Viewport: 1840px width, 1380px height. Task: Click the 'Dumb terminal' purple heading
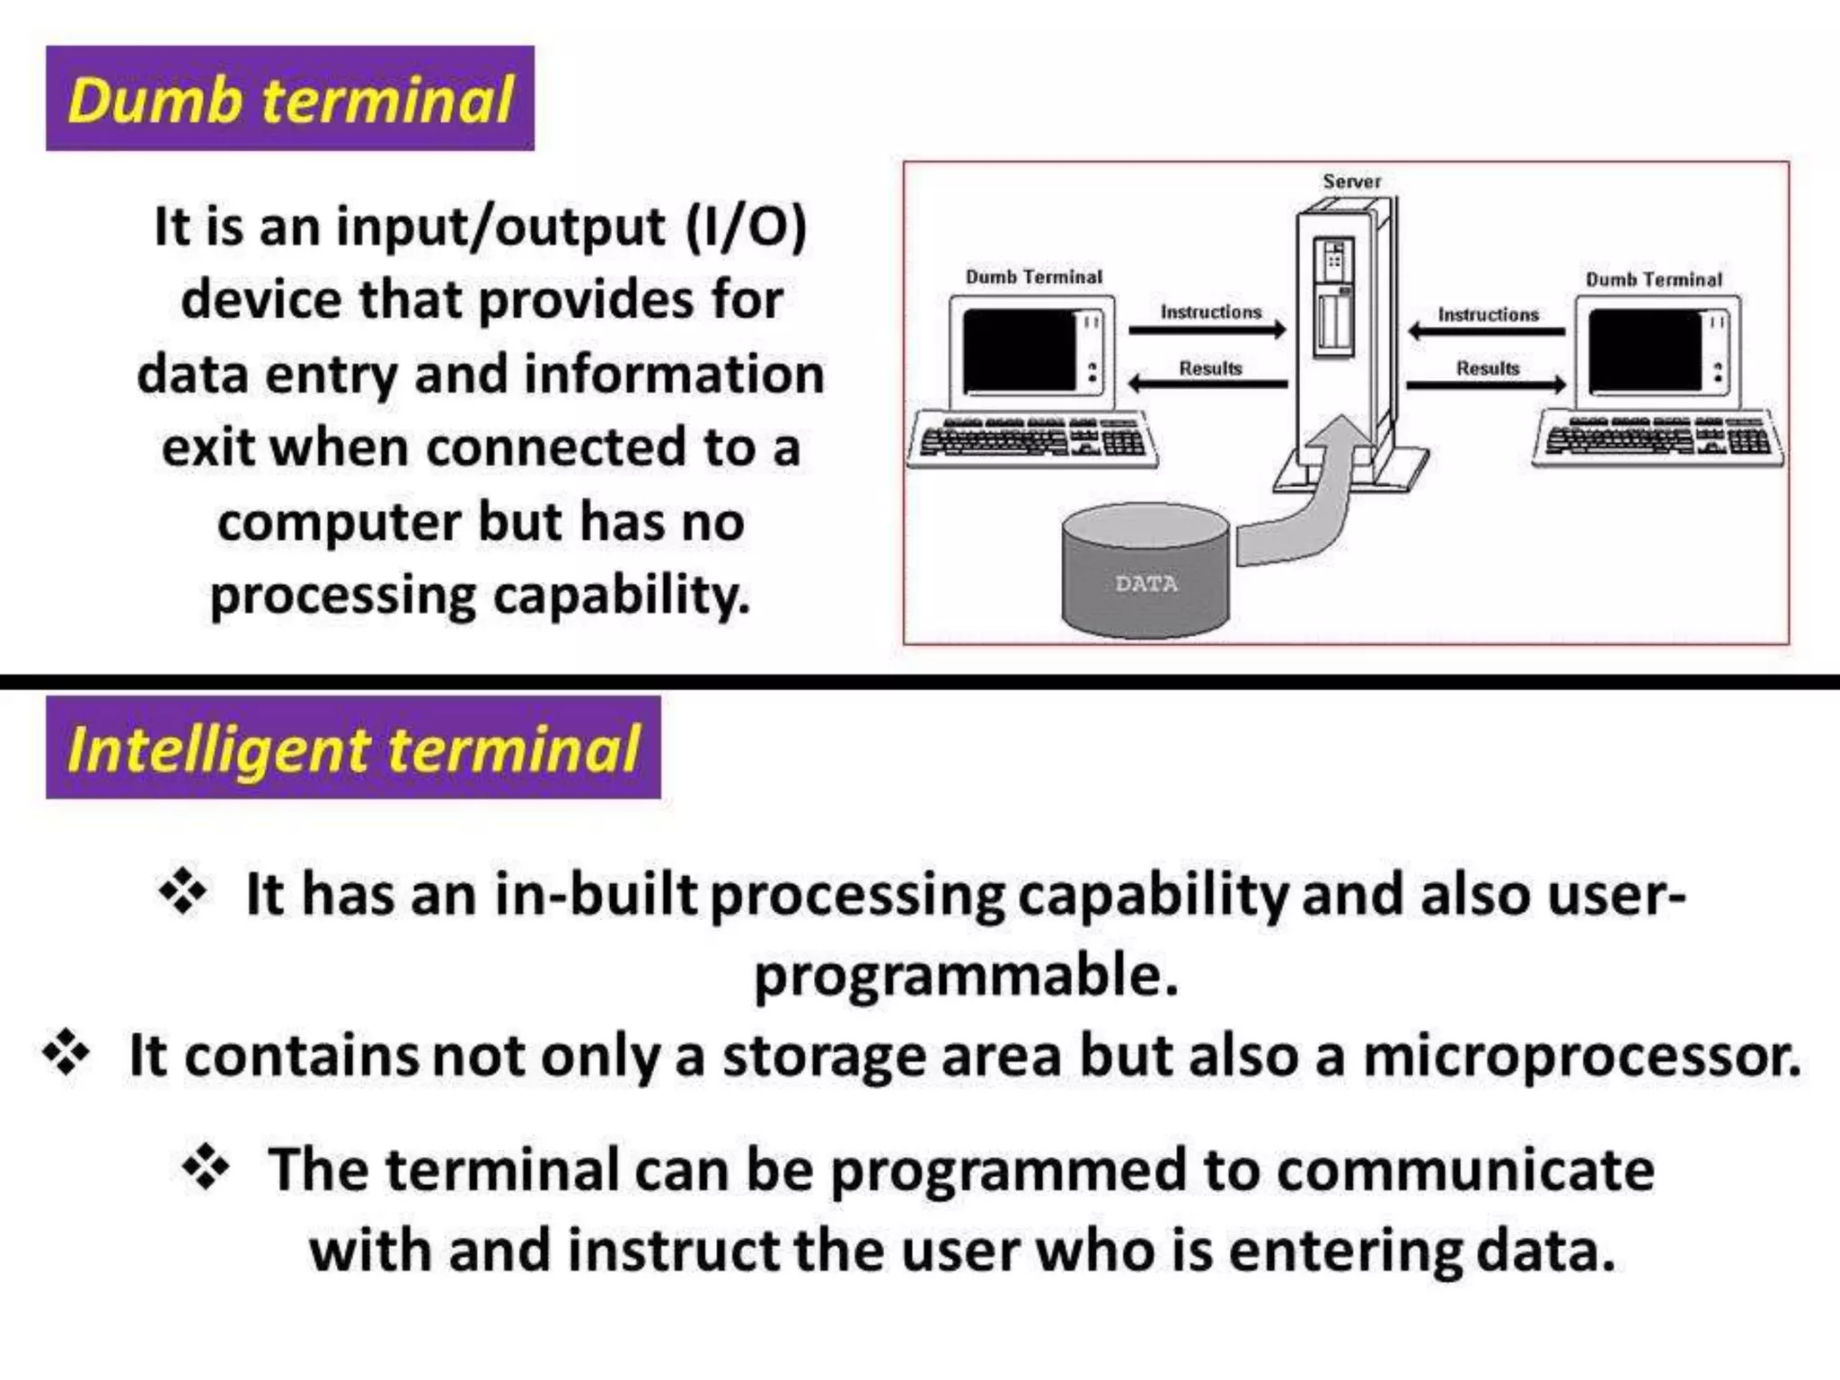(x=289, y=99)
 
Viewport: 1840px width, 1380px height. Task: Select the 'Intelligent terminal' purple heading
(x=353, y=747)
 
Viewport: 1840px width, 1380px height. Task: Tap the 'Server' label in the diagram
(x=1351, y=181)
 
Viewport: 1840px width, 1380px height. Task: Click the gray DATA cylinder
(x=1146, y=575)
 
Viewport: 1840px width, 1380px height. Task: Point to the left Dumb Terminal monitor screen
(x=1019, y=350)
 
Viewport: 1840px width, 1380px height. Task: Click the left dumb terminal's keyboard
(x=1032, y=439)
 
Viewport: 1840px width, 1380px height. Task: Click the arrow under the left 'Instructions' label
(x=1207, y=331)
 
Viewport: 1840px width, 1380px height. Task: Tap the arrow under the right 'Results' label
(x=1486, y=385)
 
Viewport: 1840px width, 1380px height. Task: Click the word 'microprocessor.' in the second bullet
(x=1581, y=1056)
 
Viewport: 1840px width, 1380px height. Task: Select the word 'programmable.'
(x=966, y=976)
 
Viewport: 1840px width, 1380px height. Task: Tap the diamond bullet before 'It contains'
(x=66, y=1053)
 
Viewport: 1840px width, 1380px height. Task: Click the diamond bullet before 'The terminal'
(x=206, y=1168)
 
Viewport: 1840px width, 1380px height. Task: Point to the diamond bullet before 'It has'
(x=183, y=891)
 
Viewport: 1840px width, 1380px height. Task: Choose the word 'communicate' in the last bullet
(x=1464, y=1170)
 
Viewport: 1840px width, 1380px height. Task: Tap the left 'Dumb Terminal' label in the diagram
(x=1033, y=277)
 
